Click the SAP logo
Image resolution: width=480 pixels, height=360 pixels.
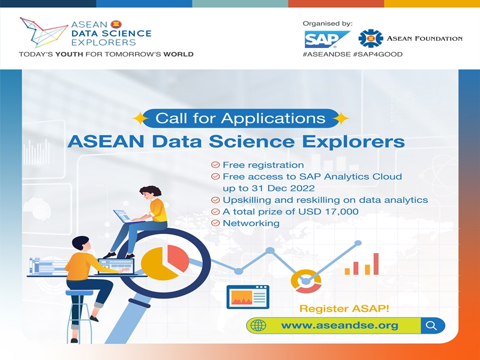tap(327, 39)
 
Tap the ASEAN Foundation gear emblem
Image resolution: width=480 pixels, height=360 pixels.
tap(371, 38)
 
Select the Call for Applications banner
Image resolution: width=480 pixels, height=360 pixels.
tap(241, 118)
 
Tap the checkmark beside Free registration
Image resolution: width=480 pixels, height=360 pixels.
tap(215, 164)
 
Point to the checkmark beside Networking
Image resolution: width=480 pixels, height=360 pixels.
tap(215, 223)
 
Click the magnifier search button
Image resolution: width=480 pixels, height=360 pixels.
tap(432, 325)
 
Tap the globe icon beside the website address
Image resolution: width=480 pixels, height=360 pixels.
tap(258, 325)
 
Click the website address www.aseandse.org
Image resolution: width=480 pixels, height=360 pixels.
tap(340, 325)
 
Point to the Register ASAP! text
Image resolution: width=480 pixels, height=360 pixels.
tap(344, 308)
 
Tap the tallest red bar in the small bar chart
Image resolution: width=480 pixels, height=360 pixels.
tap(376, 263)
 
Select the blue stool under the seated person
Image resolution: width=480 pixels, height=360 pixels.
tap(79, 316)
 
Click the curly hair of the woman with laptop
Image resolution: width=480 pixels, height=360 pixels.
tap(151, 190)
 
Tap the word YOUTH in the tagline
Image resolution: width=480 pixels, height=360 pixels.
tap(69, 55)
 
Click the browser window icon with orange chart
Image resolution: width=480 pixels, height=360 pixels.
tap(248, 296)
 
